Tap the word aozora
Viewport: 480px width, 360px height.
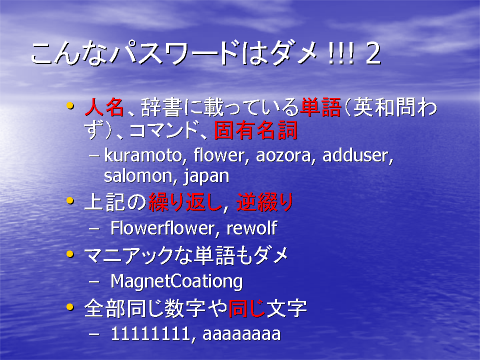coord(283,156)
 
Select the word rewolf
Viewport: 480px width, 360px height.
coord(251,228)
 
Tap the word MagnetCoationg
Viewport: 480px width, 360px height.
coord(176,281)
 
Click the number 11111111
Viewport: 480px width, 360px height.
coord(150,333)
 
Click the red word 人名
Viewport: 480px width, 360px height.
coord(104,107)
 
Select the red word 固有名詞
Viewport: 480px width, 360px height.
coord(256,130)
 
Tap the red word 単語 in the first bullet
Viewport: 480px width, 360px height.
coord(320,107)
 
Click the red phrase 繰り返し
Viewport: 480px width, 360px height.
coord(185,202)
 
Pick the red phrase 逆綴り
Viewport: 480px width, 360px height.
coord(265,202)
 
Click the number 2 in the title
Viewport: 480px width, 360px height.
coord(373,54)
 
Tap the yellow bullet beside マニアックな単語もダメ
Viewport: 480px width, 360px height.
coord(70,254)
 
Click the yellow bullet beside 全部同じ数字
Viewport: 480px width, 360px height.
coord(70,306)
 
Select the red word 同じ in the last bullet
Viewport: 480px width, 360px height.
coord(246,308)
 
